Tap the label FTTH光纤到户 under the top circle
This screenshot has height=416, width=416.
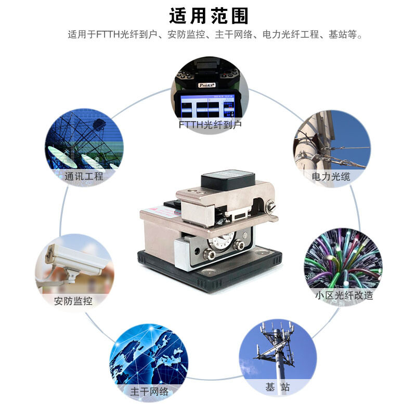pos(210,125)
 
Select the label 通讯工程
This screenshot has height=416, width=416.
pos(84,176)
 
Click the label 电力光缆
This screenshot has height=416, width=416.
pos(331,176)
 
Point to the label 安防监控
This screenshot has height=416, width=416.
pos(73,301)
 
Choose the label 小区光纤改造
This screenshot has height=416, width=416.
pos(344,295)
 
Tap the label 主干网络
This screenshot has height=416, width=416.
pos(150,392)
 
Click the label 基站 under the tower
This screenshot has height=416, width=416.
pos(277,387)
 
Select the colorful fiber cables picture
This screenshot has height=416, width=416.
pos(343,257)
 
